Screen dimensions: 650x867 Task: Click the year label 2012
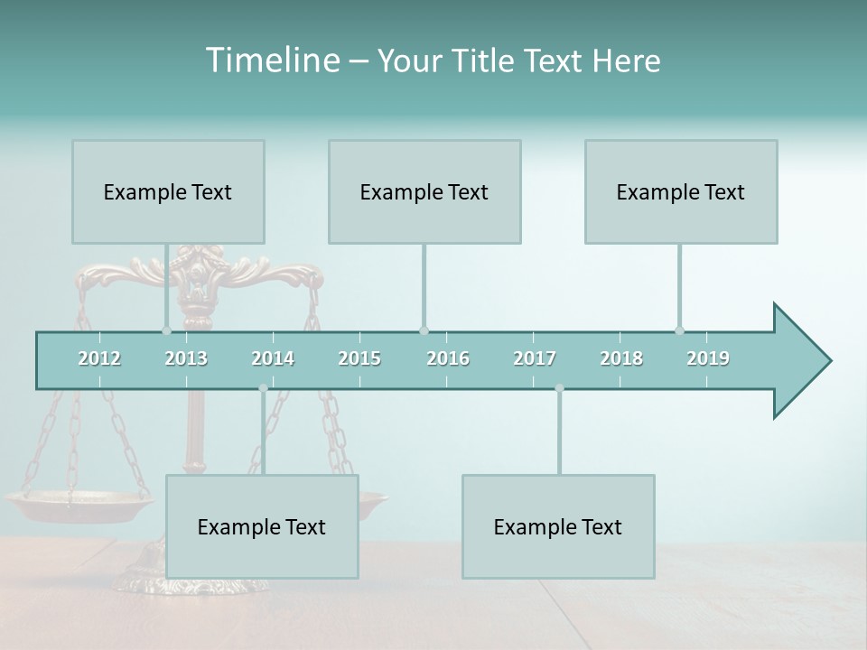point(99,358)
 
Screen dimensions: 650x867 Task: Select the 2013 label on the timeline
point(186,358)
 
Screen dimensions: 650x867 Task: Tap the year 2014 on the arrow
point(273,358)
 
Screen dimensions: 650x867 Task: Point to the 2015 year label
point(359,358)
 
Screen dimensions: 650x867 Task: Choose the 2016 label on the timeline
point(448,358)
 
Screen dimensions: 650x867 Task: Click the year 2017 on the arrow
point(535,358)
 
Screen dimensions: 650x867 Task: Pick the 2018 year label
point(621,358)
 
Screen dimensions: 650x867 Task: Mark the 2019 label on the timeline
point(708,358)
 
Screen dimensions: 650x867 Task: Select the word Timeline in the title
point(271,60)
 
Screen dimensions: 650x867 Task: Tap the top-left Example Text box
point(168,191)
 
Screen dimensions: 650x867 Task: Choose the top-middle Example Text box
point(424,191)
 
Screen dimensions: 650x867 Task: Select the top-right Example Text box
point(681,191)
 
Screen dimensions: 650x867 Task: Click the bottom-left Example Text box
point(262,526)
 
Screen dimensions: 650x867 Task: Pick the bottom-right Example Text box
point(558,526)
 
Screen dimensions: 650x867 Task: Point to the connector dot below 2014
point(263,388)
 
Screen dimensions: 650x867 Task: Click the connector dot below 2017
point(559,388)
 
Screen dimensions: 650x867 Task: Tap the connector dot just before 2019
point(679,330)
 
